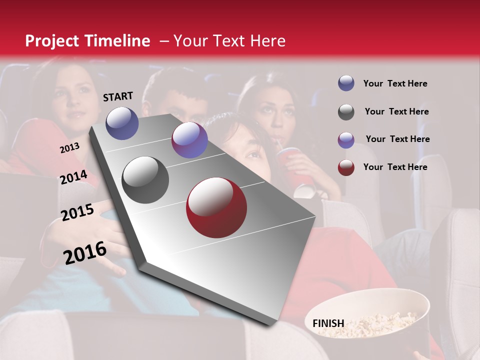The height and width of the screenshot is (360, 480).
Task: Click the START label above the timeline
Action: (x=118, y=96)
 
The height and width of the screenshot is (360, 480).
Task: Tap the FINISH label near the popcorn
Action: (x=328, y=323)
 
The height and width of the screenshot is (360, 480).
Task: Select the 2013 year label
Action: (x=69, y=147)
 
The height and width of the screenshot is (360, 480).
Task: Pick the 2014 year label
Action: (x=73, y=177)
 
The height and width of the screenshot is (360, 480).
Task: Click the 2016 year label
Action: (x=85, y=253)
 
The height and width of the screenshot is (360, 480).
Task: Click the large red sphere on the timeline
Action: (x=216, y=207)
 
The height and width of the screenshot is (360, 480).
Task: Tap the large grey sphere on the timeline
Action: (x=145, y=180)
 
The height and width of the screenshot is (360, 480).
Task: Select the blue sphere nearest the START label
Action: (x=122, y=123)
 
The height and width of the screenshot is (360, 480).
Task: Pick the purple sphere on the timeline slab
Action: (x=189, y=140)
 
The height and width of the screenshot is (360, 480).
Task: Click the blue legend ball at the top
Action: (x=346, y=83)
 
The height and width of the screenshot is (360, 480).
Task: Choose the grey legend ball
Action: (x=346, y=112)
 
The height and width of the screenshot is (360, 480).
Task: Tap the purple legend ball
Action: (x=346, y=139)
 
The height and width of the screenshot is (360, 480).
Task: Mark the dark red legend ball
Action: (x=346, y=167)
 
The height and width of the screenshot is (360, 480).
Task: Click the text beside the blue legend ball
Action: (x=395, y=83)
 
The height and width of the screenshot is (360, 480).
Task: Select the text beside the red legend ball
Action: (x=395, y=167)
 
